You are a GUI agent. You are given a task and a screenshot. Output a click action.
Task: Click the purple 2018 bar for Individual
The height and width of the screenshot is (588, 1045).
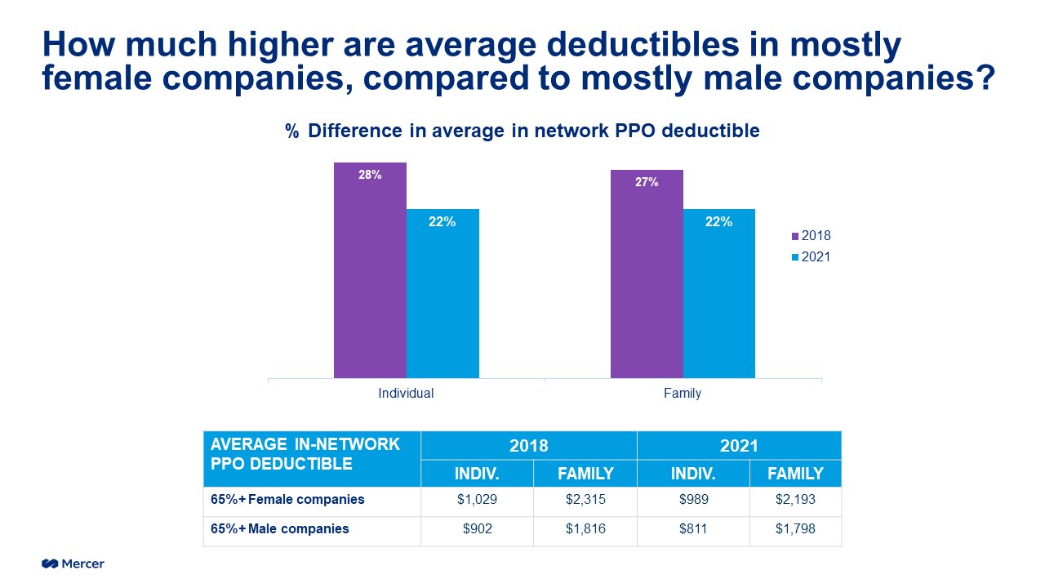point(370,270)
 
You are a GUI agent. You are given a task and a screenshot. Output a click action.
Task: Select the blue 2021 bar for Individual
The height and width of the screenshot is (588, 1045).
point(442,294)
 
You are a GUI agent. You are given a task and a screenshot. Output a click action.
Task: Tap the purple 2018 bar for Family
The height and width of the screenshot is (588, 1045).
point(647,274)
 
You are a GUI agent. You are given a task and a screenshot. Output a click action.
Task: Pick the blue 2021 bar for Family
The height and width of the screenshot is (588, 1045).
point(718,294)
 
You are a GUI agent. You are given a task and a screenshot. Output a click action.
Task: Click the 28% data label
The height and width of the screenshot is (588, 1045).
point(370,175)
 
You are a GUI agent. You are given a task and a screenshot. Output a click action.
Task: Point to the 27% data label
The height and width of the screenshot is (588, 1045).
point(647,182)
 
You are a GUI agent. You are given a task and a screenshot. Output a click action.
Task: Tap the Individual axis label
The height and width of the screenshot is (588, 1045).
point(406,394)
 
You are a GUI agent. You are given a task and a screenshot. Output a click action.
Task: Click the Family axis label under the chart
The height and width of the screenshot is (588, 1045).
point(683,394)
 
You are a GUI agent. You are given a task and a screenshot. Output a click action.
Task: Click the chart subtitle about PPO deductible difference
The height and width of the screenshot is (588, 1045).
point(522,131)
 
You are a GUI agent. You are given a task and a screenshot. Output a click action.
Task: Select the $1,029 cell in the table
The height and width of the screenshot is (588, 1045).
point(477,500)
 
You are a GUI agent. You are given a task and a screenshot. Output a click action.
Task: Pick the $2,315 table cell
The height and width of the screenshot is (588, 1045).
point(585,500)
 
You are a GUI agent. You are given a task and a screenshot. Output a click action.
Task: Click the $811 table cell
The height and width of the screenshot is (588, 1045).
point(692,529)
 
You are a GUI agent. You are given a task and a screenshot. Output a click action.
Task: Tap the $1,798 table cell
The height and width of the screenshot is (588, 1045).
point(795,529)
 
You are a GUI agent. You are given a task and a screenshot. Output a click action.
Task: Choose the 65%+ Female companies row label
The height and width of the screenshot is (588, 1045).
point(287,500)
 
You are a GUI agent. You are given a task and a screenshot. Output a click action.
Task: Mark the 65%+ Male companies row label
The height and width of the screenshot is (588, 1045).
point(280,529)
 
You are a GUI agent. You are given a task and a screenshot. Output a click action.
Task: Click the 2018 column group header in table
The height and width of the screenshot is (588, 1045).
point(528,446)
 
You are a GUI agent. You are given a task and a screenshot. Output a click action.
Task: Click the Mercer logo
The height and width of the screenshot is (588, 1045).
point(73,563)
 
